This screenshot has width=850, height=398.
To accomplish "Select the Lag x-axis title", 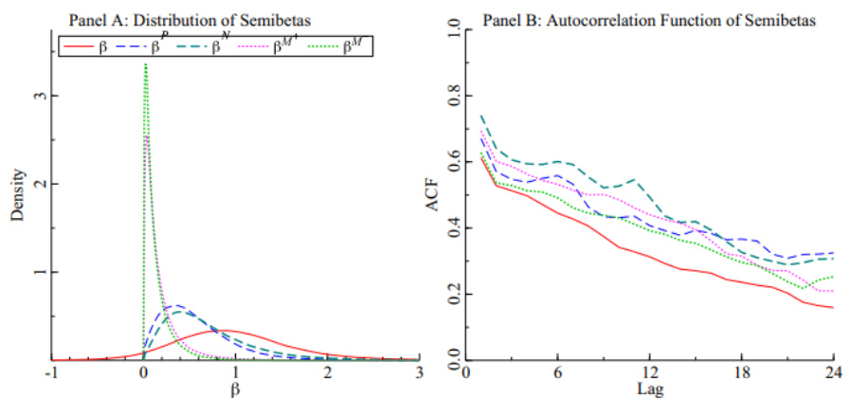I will coord(648,389).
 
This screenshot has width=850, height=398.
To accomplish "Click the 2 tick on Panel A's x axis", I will coord(327,373).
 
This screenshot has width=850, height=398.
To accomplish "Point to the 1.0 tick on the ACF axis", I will coord(454,30).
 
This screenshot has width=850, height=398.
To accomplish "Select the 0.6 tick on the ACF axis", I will coord(454,162).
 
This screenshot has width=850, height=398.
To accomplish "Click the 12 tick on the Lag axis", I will coord(648,373).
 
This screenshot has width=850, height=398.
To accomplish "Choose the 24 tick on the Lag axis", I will coord(833,373).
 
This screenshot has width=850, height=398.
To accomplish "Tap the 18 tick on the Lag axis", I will coord(740,373).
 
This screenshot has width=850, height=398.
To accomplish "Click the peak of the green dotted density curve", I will coord(145,64).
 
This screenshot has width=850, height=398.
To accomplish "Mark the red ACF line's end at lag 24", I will coord(833,308).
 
